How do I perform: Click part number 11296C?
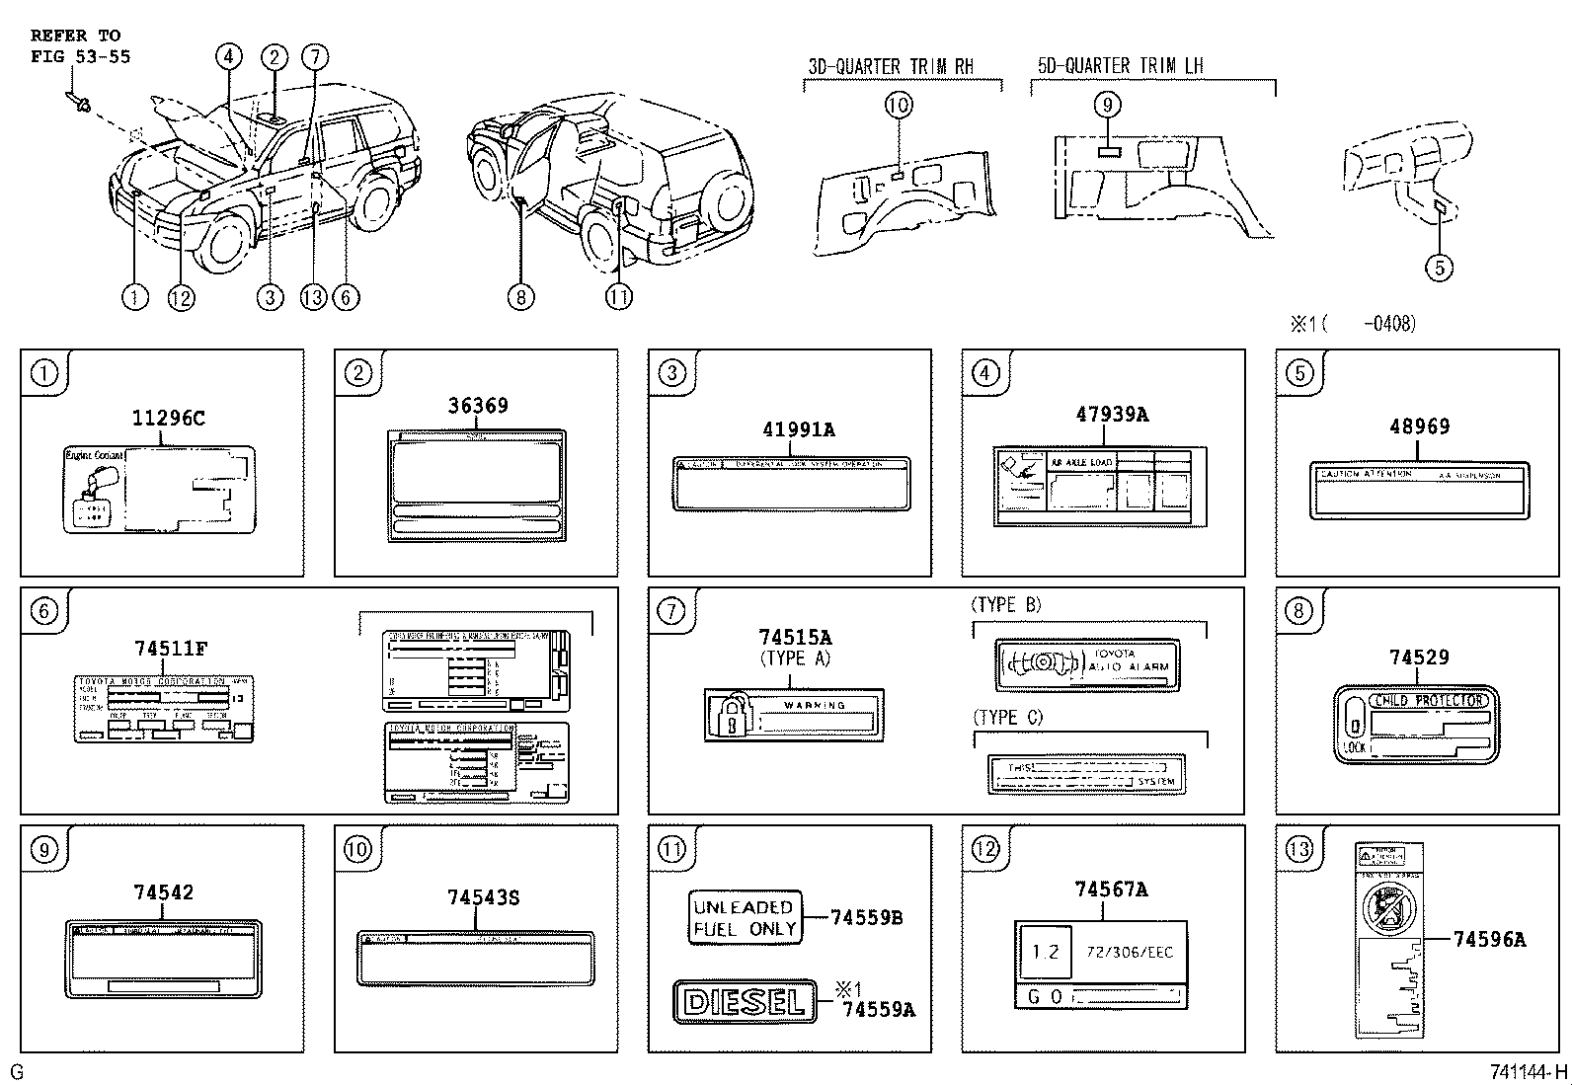click(168, 418)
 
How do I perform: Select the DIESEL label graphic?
click(745, 1002)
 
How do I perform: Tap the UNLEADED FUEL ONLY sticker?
click(744, 918)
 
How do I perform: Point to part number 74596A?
click(1488, 940)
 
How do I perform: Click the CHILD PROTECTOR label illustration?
click(1416, 726)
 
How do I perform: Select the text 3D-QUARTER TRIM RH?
click(891, 66)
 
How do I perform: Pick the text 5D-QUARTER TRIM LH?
click(1120, 65)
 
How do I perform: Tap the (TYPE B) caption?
click(1005, 604)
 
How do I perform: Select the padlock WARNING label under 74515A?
click(793, 715)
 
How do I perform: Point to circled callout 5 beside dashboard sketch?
click(1439, 267)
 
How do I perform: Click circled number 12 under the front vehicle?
click(181, 296)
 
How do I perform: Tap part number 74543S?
click(483, 897)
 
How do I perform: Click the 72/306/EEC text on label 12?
click(1129, 952)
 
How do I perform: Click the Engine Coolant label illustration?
click(158, 489)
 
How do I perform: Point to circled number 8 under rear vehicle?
click(521, 296)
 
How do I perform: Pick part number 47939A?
click(1112, 415)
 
